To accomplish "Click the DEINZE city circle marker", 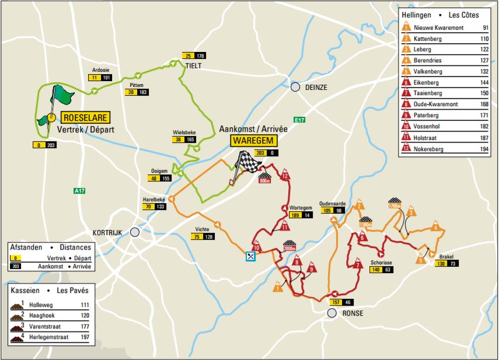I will click(295, 87).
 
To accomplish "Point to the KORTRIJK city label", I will click(107, 232).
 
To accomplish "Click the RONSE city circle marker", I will click(332, 313).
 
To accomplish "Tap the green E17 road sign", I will click(300, 120).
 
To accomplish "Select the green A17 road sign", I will click(79, 190).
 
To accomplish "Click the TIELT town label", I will click(193, 66).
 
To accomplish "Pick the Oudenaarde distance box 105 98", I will click(333, 211).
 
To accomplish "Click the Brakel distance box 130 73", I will click(445, 263).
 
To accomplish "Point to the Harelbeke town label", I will click(155, 200).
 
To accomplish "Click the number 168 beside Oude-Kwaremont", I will click(484, 105).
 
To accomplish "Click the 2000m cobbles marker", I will click(290, 246).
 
